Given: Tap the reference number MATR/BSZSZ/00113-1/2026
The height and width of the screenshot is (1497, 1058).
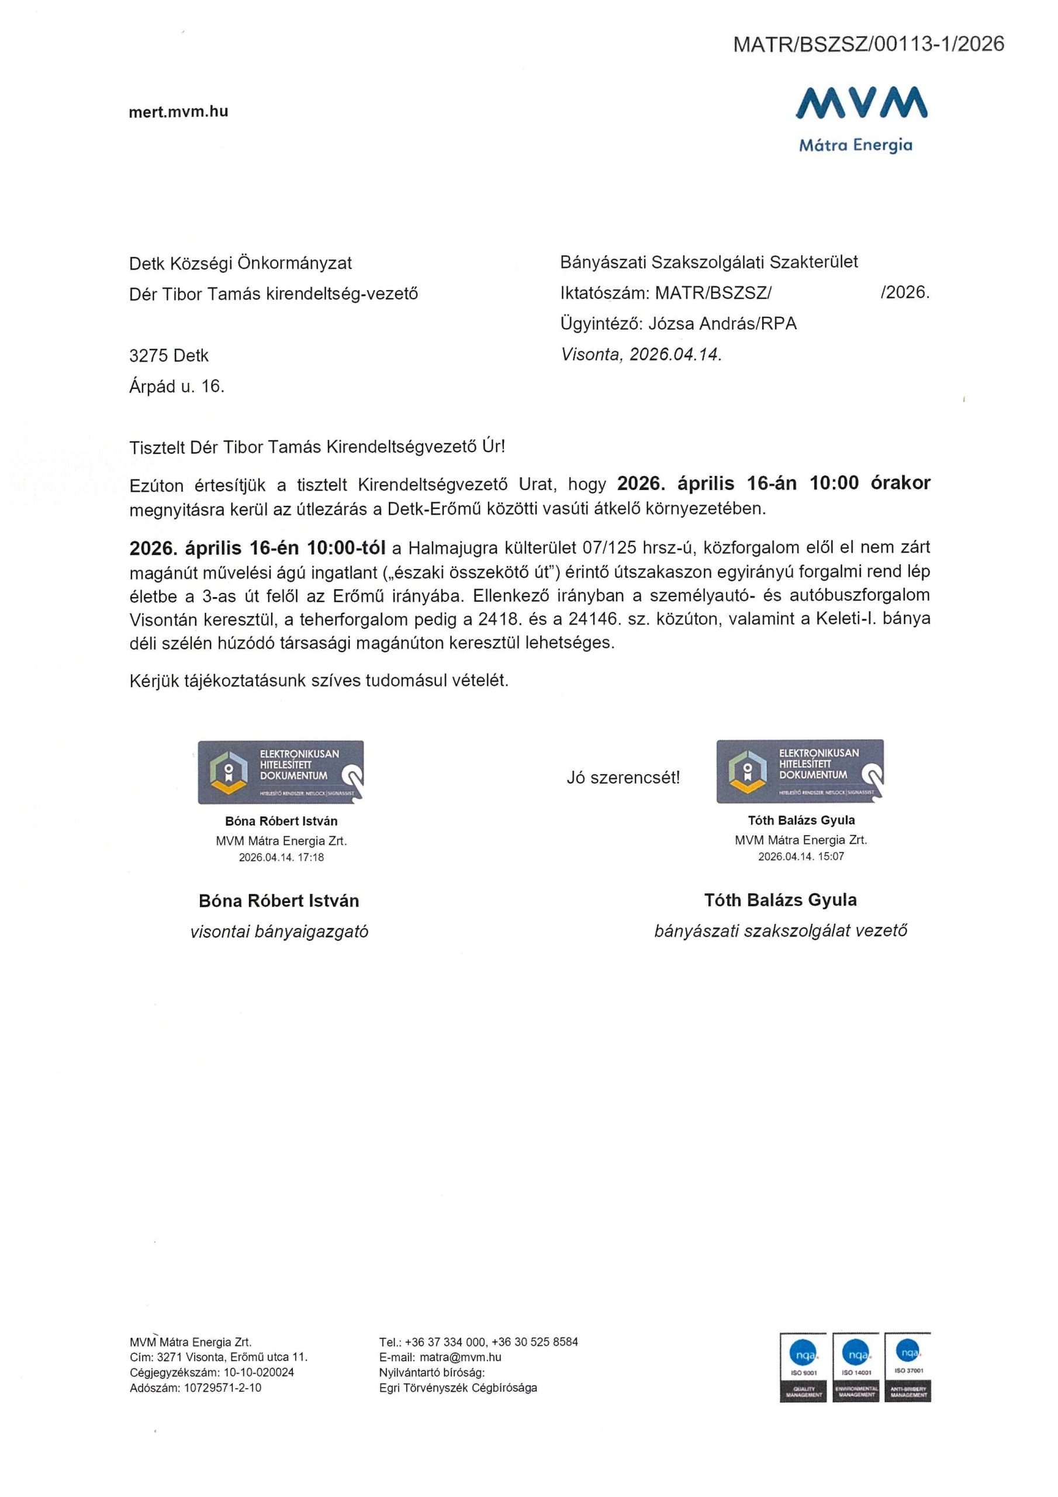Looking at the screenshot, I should [x=868, y=44].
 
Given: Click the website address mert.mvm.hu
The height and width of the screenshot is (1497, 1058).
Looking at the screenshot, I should [x=179, y=112].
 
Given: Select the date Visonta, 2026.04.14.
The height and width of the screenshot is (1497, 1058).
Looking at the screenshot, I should [x=641, y=355].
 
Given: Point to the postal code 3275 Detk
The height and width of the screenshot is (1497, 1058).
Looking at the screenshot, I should [x=169, y=356].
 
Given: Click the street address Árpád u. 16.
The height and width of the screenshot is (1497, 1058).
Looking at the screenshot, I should [x=177, y=387].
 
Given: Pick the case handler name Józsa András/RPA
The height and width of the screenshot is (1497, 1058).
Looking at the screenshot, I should [x=722, y=324].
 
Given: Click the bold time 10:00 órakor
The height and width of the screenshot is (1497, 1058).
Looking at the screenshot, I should [x=870, y=483].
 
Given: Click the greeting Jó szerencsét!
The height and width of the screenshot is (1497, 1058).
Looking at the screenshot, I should [x=623, y=777].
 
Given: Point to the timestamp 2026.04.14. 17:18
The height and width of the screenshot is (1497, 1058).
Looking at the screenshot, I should [x=281, y=857].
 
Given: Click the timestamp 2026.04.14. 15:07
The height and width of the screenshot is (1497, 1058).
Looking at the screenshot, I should [x=800, y=857].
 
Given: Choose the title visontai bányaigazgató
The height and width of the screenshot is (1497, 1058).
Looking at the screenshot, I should [x=279, y=932].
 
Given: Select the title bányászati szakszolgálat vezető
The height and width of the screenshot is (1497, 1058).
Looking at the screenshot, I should [x=780, y=931].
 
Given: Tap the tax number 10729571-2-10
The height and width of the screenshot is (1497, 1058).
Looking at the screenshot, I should [x=222, y=1388].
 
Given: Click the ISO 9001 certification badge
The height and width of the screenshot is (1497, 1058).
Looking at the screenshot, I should [x=803, y=1367].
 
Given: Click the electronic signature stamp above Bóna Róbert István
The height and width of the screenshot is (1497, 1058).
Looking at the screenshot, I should [x=281, y=772].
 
